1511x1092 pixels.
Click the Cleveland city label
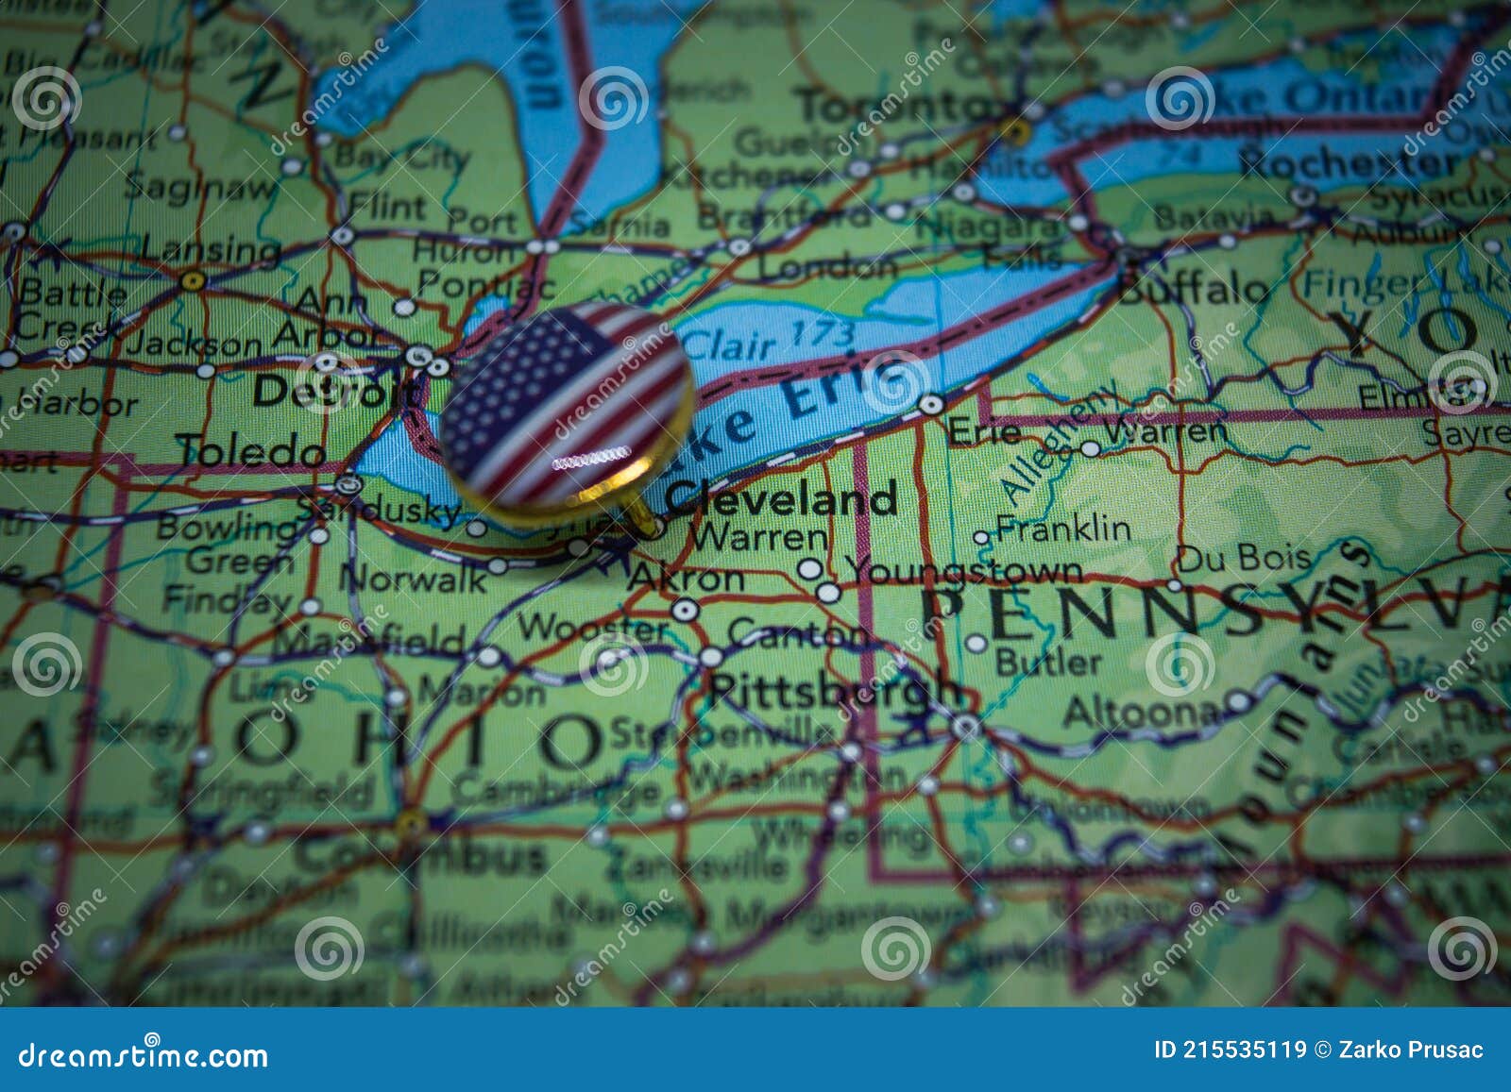point(780,499)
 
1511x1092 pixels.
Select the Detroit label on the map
point(332,390)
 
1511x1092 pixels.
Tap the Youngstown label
point(963,570)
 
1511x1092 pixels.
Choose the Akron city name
point(687,578)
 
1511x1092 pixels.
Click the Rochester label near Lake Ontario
point(1348,163)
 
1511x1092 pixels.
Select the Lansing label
point(211,250)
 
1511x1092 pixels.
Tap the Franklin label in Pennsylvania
point(1062,528)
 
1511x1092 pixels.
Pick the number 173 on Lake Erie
point(822,333)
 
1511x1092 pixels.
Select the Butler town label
point(1048,661)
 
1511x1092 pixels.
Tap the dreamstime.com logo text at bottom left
point(143,1054)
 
